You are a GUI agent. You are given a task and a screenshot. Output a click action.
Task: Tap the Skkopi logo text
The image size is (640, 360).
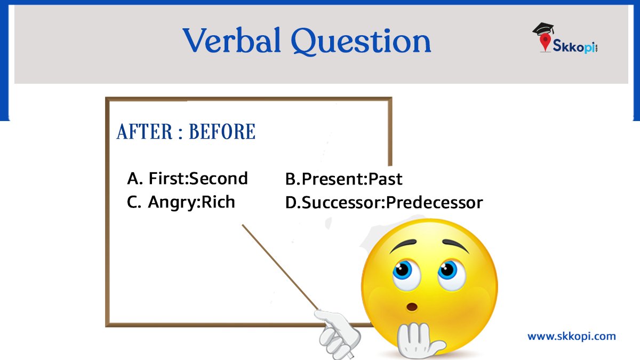pyautogui.click(x=574, y=49)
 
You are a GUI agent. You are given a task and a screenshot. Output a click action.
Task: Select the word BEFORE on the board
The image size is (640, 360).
pyautogui.click(x=222, y=132)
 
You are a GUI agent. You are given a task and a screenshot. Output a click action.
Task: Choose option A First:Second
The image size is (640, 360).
pyautogui.click(x=188, y=178)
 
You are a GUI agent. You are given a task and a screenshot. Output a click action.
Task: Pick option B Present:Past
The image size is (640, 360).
pyautogui.click(x=344, y=179)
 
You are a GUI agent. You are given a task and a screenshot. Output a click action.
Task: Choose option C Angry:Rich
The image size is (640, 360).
pyautogui.click(x=181, y=202)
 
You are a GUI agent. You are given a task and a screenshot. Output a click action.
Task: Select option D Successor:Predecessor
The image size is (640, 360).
pyautogui.click(x=384, y=203)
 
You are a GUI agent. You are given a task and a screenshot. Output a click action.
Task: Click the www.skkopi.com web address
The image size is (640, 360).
pyautogui.click(x=571, y=336)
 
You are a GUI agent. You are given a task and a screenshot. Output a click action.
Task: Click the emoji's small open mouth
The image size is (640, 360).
pyautogui.click(x=412, y=308)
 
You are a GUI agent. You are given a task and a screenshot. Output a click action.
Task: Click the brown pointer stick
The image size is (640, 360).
pyautogui.click(x=280, y=267)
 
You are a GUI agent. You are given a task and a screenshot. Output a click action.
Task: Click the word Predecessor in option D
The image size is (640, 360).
pyautogui.click(x=435, y=203)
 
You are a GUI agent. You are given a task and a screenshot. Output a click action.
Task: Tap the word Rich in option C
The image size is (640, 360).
pyautogui.click(x=218, y=202)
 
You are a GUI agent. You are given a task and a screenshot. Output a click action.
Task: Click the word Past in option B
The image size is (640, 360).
pyautogui.click(x=385, y=179)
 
